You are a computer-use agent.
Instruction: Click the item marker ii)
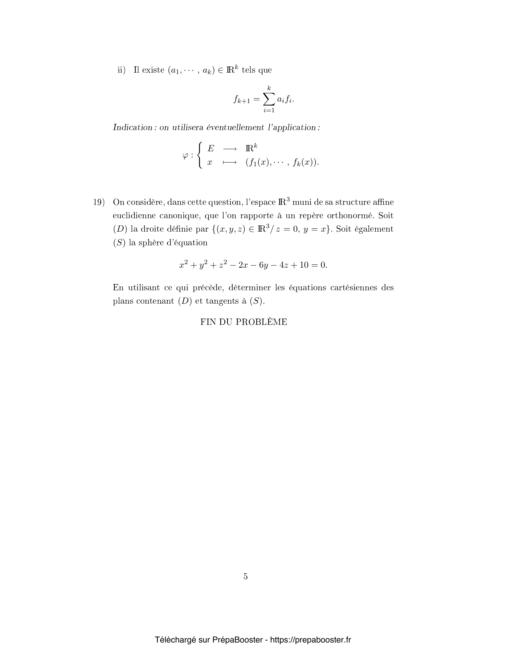121,70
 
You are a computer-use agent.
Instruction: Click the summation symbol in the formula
269,99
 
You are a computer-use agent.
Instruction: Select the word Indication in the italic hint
133,127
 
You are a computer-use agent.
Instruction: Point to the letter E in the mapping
211,148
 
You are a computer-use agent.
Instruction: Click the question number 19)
99,202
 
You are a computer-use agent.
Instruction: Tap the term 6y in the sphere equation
263,265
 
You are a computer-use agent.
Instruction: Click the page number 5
246,576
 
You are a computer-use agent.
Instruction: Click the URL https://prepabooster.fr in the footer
310,640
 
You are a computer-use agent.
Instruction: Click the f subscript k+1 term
242,99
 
